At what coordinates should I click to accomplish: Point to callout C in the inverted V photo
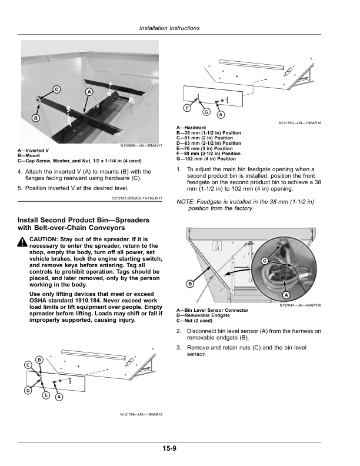pos(56,89)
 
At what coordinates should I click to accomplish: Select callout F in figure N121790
pos(187,108)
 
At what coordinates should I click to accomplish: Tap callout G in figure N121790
pos(206,112)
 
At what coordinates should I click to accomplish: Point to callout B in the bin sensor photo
pos(190,284)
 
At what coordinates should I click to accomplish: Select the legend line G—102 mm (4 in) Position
pos(206,159)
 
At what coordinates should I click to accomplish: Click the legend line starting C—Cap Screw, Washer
pos(79,161)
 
